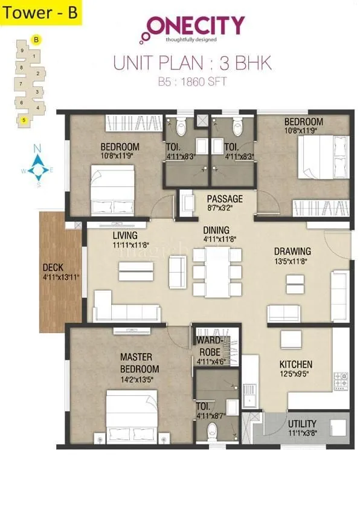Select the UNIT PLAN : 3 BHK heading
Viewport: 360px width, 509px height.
[x=193, y=63]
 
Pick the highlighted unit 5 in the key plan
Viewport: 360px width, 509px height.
[x=24, y=120]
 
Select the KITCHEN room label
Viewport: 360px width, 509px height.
[x=295, y=365]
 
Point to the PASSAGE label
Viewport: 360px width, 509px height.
[x=225, y=199]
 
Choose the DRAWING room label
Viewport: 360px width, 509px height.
[x=292, y=251]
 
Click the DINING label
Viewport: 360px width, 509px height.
[x=216, y=230]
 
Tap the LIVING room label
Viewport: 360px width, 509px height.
[x=124, y=235]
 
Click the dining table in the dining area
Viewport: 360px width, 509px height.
[x=216, y=271]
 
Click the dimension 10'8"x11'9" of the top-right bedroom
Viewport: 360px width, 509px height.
[x=303, y=130]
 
